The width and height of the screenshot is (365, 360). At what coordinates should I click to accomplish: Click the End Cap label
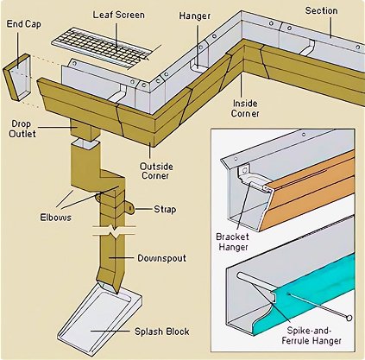(x=23, y=24)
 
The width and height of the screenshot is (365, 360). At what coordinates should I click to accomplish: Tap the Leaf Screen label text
(x=118, y=15)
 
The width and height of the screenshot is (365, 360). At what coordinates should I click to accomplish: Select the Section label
(x=321, y=10)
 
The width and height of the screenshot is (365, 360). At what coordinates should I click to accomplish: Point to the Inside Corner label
(x=245, y=108)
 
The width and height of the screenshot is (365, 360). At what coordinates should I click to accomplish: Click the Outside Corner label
(x=156, y=171)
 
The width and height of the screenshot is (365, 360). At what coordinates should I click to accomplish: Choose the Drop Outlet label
(x=22, y=129)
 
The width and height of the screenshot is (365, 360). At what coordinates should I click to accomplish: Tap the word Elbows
(x=55, y=218)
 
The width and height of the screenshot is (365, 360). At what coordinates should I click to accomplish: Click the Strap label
(x=165, y=209)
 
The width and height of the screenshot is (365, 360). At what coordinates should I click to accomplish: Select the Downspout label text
(x=161, y=258)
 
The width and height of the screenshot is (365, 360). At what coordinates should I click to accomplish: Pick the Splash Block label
(x=162, y=332)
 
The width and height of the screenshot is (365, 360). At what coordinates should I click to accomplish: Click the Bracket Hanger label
(x=232, y=242)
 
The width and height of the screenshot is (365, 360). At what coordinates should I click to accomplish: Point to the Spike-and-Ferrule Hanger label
(x=312, y=336)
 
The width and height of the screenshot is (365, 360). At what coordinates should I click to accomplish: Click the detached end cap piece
(x=17, y=78)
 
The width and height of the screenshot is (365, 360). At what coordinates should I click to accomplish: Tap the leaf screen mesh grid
(x=101, y=47)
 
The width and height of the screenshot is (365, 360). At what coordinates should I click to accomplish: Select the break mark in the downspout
(x=114, y=231)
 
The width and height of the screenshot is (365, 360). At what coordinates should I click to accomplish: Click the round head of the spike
(x=349, y=318)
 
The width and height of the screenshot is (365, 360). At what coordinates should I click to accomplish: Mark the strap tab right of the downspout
(x=130, y=207)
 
